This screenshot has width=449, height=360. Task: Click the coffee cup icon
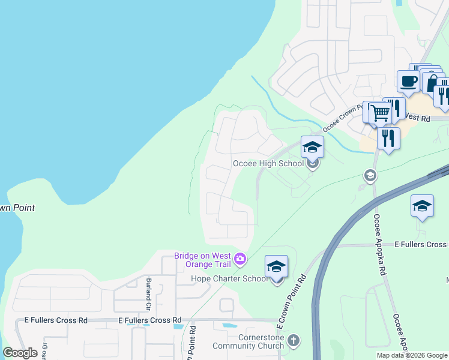tap(408, 81)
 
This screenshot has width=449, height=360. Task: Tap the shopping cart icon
tap(379, 112)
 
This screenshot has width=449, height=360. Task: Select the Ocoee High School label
tap(268, 163)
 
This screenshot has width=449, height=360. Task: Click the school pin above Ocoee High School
tap(312, 147)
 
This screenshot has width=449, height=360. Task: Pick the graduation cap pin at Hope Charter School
tap(276, 266)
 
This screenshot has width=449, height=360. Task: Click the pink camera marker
tap(240, 259)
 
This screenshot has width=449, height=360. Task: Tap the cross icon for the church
tap(293, 341)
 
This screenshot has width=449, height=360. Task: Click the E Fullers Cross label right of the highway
tap(420, 244)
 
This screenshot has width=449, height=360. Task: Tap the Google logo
tap(20, 353)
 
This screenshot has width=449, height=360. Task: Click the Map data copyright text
tap(412, 355)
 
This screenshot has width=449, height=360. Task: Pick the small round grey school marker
tap(370, 175)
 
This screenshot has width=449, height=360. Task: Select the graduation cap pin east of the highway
tap(422, 206)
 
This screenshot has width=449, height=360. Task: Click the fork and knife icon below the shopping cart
tap(388, 139)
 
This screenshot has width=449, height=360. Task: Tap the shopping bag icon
tap(431, 81)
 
